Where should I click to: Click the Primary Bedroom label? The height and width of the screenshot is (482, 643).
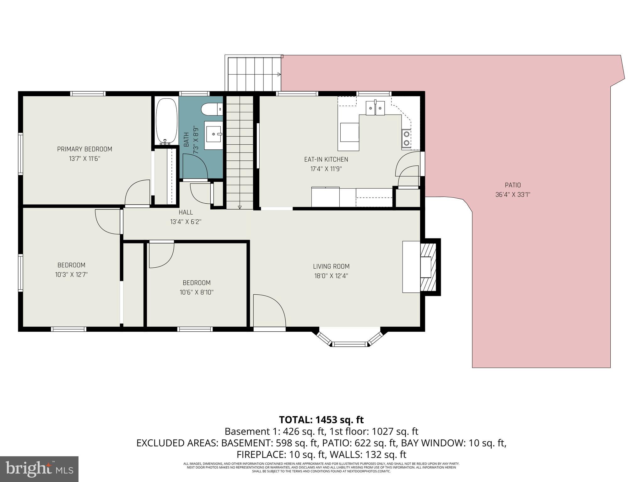(84, 149)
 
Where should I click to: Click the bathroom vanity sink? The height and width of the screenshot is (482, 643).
(214, 134)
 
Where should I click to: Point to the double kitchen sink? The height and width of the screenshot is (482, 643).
(375, 108)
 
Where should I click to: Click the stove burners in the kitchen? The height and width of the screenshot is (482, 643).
(406, 138)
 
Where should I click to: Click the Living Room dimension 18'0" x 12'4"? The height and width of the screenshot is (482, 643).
(331, 276)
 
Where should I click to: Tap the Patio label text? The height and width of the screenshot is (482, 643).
(513, 185)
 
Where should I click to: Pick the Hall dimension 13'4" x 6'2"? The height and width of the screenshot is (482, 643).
(186, 222)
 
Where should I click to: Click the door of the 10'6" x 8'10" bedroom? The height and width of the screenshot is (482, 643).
(161, 254)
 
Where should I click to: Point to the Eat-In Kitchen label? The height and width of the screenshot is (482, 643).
(326, 159)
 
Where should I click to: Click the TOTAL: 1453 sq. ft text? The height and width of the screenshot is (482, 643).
(321, 420)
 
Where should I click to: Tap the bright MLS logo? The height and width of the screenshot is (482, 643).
(39, 469)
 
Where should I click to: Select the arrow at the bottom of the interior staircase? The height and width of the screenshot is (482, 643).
(240, 207)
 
